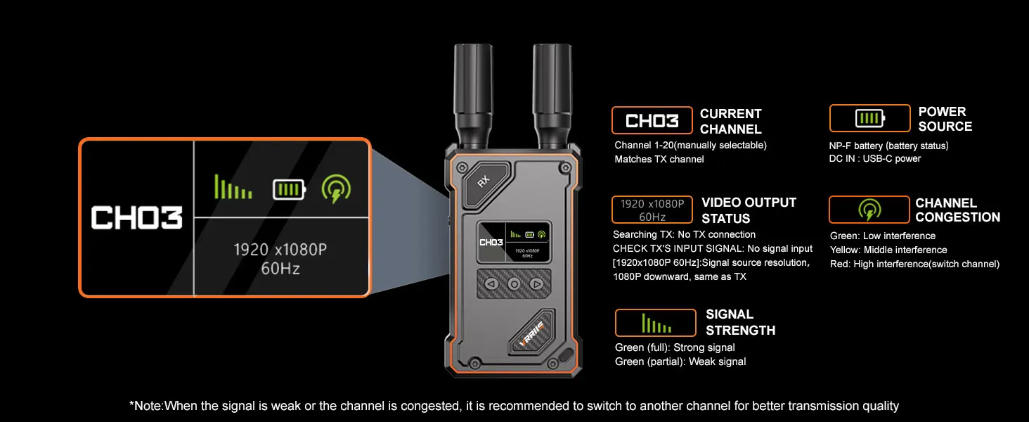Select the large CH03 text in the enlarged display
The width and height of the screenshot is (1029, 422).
[136, 217]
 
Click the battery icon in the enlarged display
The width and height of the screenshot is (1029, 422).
[289, 189]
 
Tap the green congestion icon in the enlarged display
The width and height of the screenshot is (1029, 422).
[336, 188]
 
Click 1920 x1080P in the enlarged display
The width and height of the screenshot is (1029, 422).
[280, 250]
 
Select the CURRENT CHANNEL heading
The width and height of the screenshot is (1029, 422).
[730, 122]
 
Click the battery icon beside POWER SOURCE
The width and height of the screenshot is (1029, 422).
[869, 118]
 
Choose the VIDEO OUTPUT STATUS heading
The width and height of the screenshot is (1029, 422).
[749, 210]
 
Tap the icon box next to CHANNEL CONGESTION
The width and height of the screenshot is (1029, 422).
[869, 210]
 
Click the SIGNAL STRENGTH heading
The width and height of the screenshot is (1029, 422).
[740, 322]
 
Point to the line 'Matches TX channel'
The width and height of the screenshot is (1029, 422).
[659, 159]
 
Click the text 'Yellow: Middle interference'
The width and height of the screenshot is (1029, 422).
[888, 250]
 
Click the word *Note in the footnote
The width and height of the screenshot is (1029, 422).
[146, 406]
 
